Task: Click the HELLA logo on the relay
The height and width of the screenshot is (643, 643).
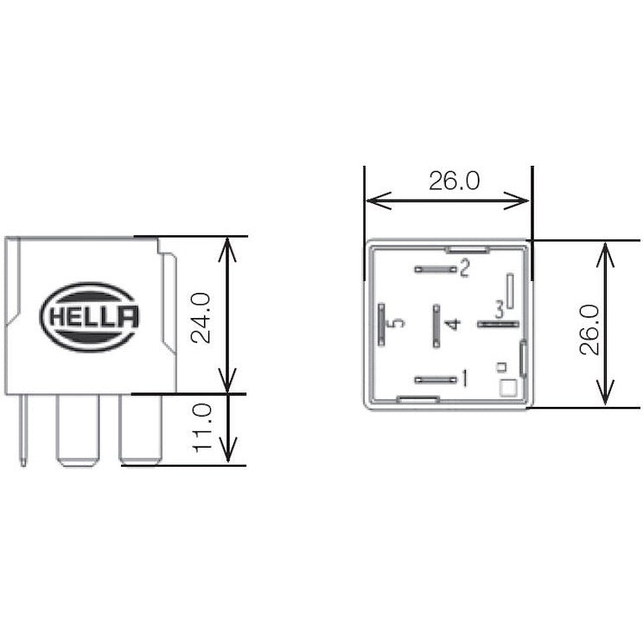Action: [x=90, y=317]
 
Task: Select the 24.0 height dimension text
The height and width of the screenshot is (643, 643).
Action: [x=201, y=317]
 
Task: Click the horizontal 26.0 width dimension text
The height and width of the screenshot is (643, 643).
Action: [x=454, y=181]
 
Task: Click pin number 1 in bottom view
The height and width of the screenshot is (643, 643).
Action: [x=464, y=378]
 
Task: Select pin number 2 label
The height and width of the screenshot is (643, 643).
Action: [x=464, y=268]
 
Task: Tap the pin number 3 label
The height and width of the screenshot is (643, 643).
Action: [x=499, y=309]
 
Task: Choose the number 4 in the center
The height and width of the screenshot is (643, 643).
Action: [x=452, y=324]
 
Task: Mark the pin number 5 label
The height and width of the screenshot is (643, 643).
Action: [x=397, y=323]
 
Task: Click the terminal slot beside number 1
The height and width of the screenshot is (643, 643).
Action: [x=436, y=379]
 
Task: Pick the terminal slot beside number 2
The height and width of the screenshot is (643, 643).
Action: [x=436, y=269]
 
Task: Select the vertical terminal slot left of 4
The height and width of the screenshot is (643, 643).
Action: [x=436, y=323]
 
